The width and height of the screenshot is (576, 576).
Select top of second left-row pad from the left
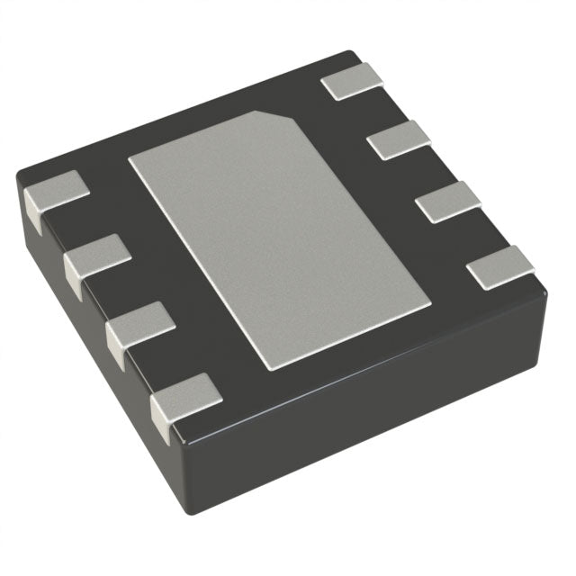(98, 255)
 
